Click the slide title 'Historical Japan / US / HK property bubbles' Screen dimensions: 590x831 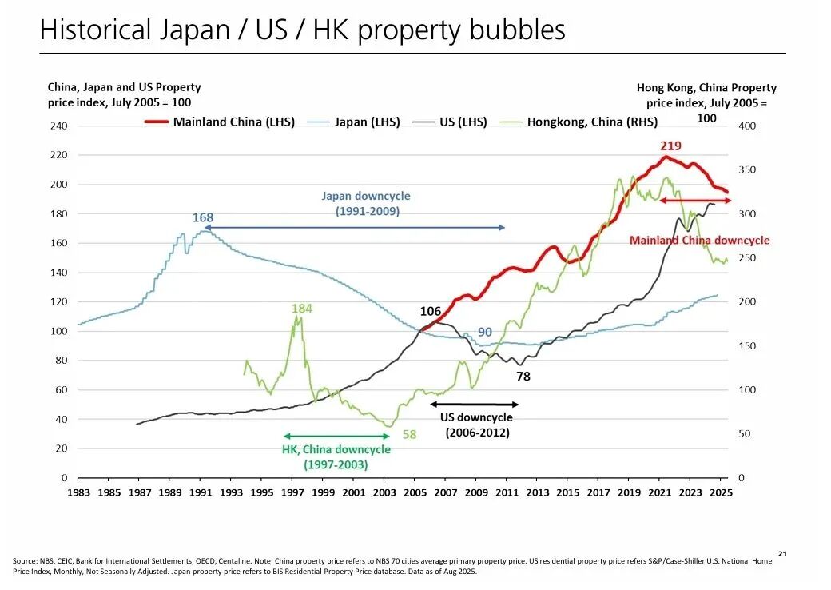(x=302, y=30)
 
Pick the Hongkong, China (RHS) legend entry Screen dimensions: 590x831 (x=591, y=122)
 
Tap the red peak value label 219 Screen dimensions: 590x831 (x=670, y=146)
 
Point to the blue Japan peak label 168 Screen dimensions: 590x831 (x=202, y=217)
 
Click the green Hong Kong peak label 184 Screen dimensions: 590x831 (x=301, y=308)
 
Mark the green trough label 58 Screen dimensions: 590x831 (x=409, y=435)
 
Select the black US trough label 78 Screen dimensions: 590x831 (x=523, y=376)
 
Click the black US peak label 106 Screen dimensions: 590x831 (x=431, y=311)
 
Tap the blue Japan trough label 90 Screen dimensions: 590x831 (x=485, y=332)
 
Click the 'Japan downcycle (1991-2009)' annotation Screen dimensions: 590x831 (x=365, y=204)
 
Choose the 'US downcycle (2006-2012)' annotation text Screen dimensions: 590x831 (x=477, y=425)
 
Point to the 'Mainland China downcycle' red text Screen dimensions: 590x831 (x=699, y=240)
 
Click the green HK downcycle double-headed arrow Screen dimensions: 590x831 (x=336, y=436)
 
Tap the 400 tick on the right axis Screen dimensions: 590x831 (x=747, y=126)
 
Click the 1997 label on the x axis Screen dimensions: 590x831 (x=292, y=492)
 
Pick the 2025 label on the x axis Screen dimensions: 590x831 (x=720, y=492)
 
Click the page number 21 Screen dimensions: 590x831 (x=782, y=553)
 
